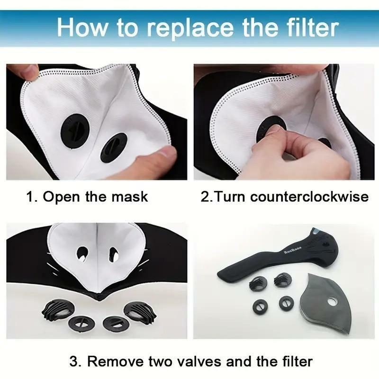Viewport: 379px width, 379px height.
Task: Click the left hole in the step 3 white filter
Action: click(x=82, y=253)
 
